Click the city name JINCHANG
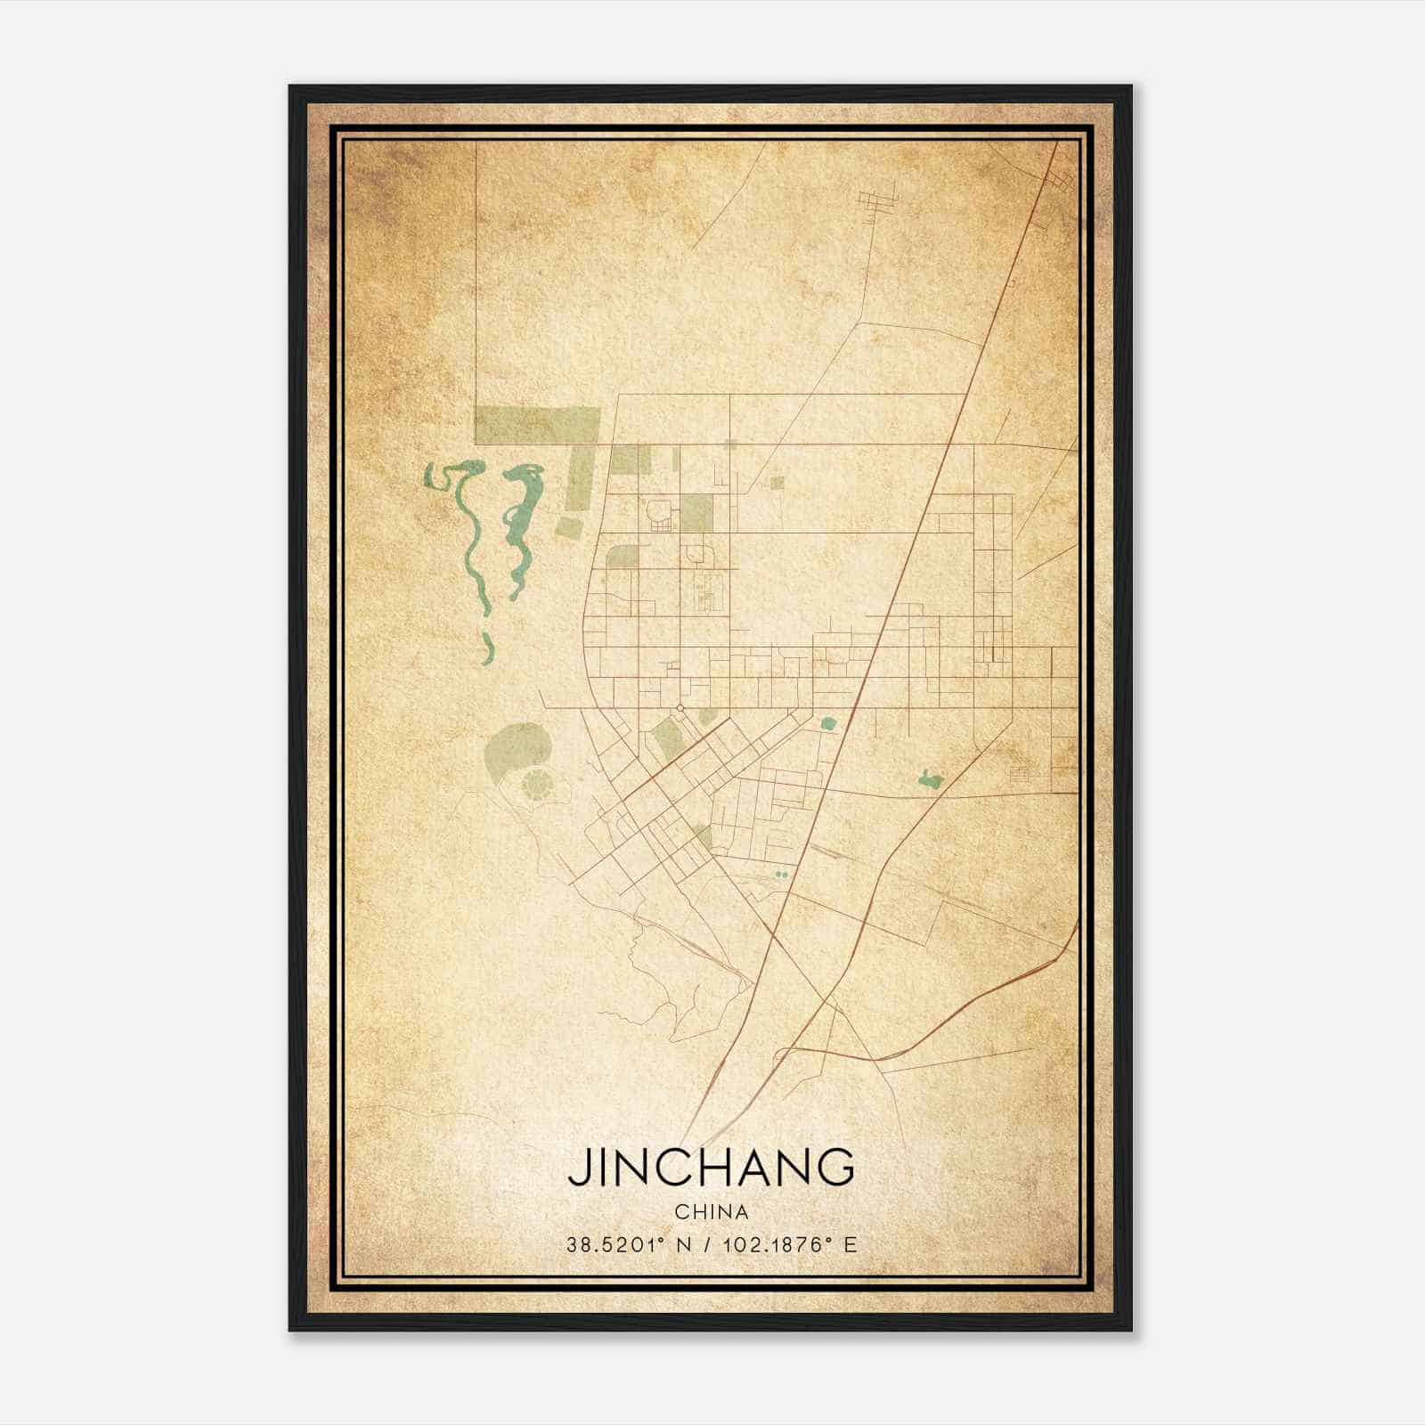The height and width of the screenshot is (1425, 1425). click(x=711, y=1167)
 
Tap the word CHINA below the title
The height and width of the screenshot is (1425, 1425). click(x=711, y=1212)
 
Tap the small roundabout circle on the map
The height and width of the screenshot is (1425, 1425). click(x=680, y=708)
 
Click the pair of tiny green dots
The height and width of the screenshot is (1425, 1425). click(x=782, y=875)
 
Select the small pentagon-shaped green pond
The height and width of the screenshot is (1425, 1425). click(x=827, y=724)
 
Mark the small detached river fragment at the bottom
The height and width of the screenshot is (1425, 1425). click(x=485, y=649)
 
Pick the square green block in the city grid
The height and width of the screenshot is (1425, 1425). click(x=697, y=512)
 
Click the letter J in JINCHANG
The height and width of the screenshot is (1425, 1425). click(x=578, y=1168)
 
